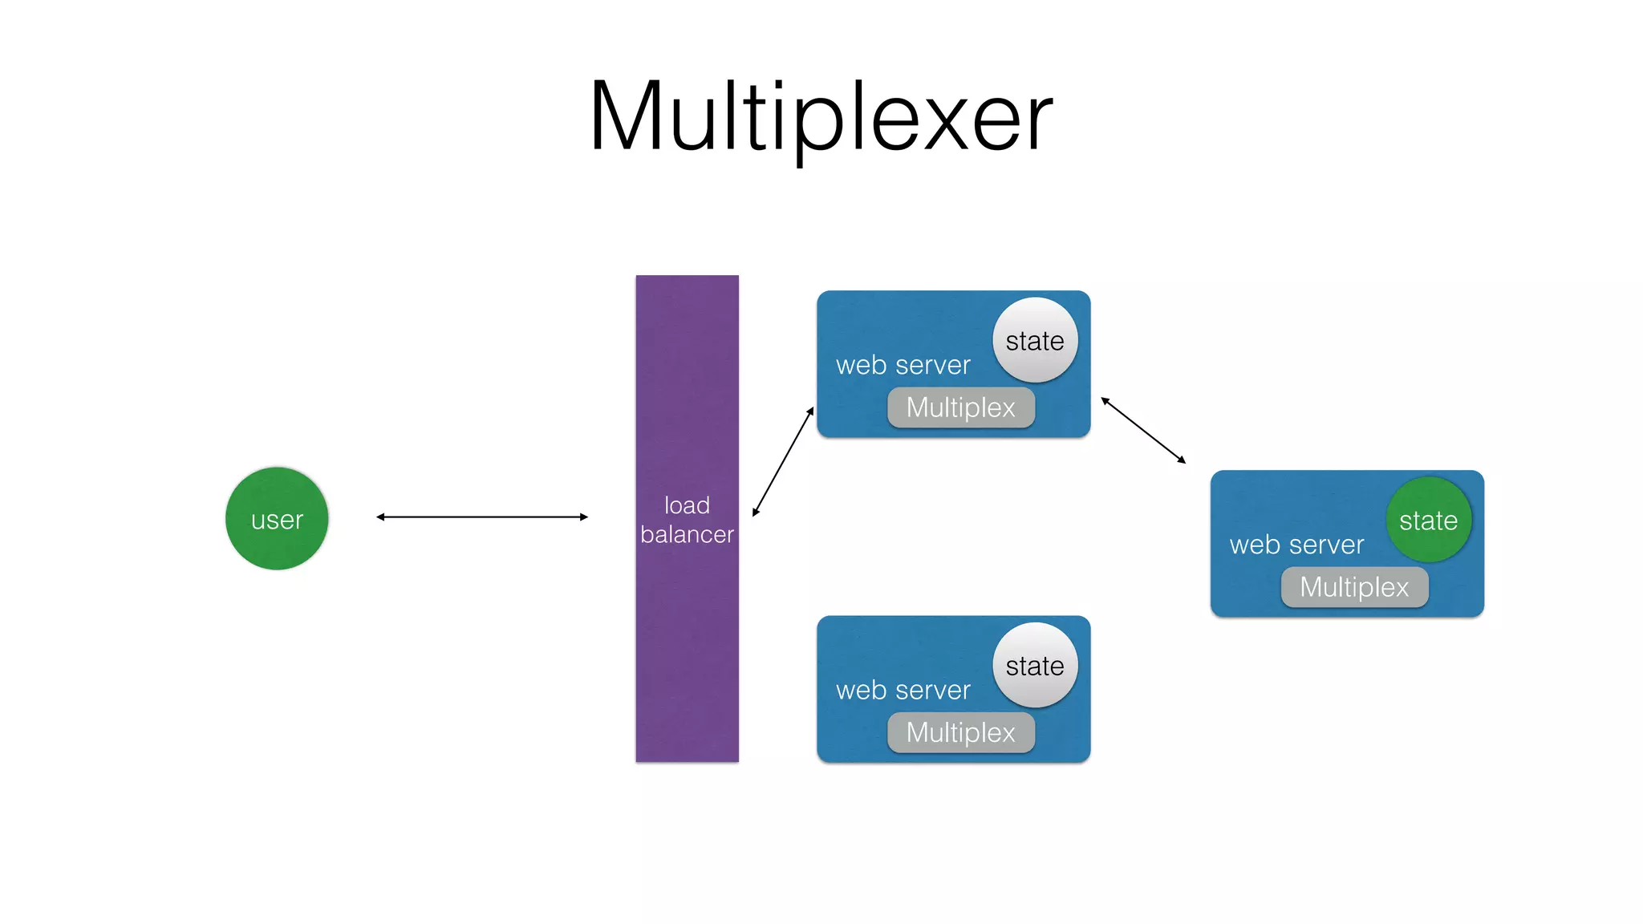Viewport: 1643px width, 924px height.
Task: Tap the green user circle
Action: [277, 519]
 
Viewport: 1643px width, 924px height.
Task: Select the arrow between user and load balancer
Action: [481, 517]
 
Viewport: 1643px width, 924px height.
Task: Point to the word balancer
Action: [687, 535]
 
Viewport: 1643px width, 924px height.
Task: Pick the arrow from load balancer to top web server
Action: [783, 462]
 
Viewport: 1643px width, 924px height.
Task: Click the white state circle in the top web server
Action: [1035, 341]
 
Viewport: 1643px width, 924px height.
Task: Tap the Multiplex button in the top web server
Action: [960, 407]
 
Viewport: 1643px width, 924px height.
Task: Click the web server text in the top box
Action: [903, 366]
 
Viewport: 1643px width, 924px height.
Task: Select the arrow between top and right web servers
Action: [1143, 430]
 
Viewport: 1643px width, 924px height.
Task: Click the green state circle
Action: [1428, 521]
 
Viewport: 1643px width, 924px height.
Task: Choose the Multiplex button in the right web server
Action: [1354, 587]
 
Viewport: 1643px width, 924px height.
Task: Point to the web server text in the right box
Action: [1296, 545]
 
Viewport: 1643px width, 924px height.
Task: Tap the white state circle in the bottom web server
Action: [1035, 666]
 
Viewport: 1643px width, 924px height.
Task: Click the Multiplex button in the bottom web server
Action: [960, 732]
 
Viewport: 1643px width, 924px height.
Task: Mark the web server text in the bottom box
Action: [903, 691]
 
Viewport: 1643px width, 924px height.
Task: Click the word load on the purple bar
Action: [687, 505]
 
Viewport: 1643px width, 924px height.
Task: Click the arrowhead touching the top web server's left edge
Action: [811, 411]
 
